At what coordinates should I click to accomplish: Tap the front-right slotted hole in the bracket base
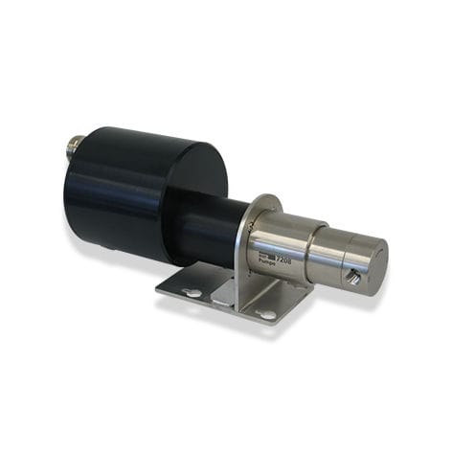[266, 314]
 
